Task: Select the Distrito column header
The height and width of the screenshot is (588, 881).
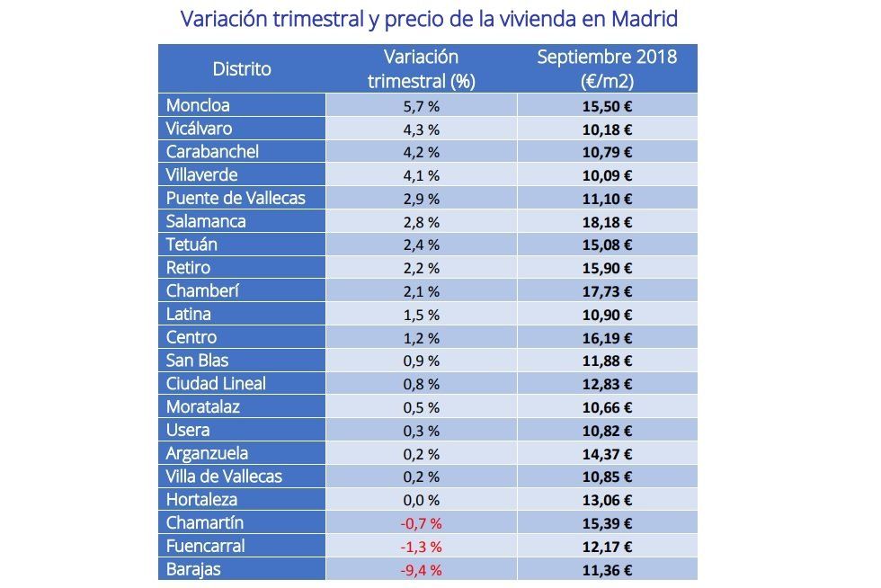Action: pyautogui.click(x=241, y=69)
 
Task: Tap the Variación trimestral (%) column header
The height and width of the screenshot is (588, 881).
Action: pyautogui.click(x=421, y=69)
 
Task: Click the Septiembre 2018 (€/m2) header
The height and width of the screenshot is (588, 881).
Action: pyautogui.click(x=607, y=69)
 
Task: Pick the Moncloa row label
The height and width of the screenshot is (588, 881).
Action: pyautogui.click(x=198, y=105)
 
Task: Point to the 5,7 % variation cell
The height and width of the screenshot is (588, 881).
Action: pyautogui.click(x=421, y=105)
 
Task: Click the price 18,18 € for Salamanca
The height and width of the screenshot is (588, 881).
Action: pyautogui.click(x=607, y=221)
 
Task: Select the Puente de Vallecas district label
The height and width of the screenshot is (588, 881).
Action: pyautogui.click(x=236, y=198)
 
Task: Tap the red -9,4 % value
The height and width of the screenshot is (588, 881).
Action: pyautogui.click(x=421, y=569)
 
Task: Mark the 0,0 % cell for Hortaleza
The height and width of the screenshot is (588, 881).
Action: pyautogui.click(x=421, y=500)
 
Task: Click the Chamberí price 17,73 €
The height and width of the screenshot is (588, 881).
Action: pyautogui.click(x=607, y=291)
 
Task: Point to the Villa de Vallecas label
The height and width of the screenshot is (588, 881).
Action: pyautogui.click(x=224, y=477)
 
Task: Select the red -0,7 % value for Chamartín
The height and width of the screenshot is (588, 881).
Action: pyautogui.click(x=421, y=523)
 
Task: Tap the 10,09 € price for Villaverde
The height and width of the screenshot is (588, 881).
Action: pyautogui.click(x=607, y=175)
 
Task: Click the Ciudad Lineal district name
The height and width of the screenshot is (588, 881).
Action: pyautogui.click(x=216, y=384)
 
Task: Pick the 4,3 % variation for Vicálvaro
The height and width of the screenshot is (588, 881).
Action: pyautogui.click(x=421, y=129)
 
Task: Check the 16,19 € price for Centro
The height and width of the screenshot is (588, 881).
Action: pyautogui.click(x=607, y=338)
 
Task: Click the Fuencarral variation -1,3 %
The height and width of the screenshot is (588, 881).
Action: pyautogui.click(x=421, y=547)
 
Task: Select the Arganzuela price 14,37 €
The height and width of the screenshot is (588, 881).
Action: pyautogui.click(x=607, y=454)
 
